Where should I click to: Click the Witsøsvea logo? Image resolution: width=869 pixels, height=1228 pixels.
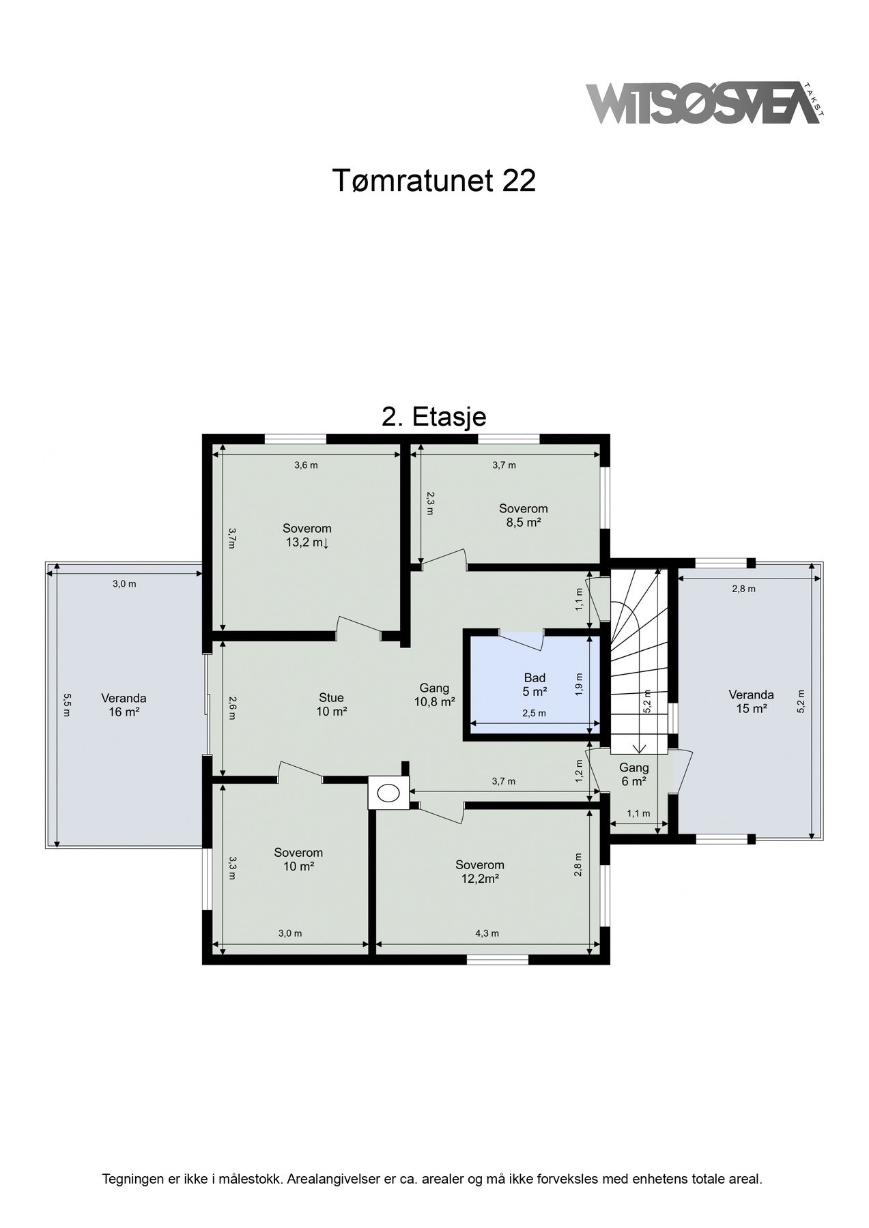(x=703, y=104)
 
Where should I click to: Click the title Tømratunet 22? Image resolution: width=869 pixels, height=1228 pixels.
(x=434, y=181)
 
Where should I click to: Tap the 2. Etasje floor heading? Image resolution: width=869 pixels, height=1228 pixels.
(x=433, y=417)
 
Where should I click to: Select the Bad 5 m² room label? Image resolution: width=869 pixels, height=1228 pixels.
(x=535, y=684)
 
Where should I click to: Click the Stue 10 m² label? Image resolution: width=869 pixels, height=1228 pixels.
(x=331, y=705)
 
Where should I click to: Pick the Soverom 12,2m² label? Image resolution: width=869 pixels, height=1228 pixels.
(x=480, y=872)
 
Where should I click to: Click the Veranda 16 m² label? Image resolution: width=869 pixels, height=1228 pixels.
(x=124, y=705)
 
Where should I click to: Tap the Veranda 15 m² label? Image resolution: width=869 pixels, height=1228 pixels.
(x=751, y=702)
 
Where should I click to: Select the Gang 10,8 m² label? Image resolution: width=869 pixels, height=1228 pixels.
(x=434, y=695)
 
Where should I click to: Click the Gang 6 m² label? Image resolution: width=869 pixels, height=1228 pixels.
(x=633, y=775)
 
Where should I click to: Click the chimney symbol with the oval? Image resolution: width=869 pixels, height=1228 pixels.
(x=388, y=793)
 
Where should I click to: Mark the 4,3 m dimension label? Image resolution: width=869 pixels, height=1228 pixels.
(x=487, y=933)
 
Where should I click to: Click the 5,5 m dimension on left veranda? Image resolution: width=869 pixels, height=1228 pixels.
(x=67, y=705)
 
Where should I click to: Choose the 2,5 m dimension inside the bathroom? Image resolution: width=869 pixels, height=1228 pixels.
(x=534, y=714)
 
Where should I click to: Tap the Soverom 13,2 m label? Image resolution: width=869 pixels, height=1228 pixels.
(x=307, y=536)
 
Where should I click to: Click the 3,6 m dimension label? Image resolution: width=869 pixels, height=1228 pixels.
(x=306, y=465)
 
